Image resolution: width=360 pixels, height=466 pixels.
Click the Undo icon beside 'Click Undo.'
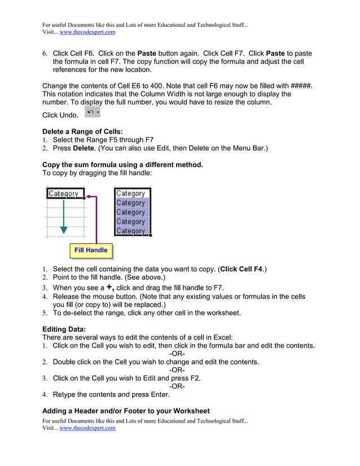pyautogui.click(x=92, y=113)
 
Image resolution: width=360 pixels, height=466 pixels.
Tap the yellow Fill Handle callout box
pyautogui.click(x=91, y=250)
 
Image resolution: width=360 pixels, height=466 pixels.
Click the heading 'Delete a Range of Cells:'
pyautogui.click(x=82, y=131)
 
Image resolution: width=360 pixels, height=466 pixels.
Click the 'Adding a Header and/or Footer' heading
pyautogui.click(x=126, y=411)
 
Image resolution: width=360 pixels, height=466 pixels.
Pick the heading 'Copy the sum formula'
pyautogui.click(x=122, y=165)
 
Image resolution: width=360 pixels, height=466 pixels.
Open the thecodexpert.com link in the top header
pyautogui.click(x=87, y=32)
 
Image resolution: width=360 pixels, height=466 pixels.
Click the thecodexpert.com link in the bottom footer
pyautogui.click(x=87, y=428)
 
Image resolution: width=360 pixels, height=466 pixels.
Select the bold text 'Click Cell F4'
pyautogui.click(x=241, y=269)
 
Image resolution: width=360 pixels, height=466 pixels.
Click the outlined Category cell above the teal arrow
pyautogui.click(x=64, y=194)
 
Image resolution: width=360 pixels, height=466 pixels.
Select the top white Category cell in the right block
pyautogui.click(x=131, y=194)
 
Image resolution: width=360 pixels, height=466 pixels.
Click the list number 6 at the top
pyautogui.click(x=45, y=54)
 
